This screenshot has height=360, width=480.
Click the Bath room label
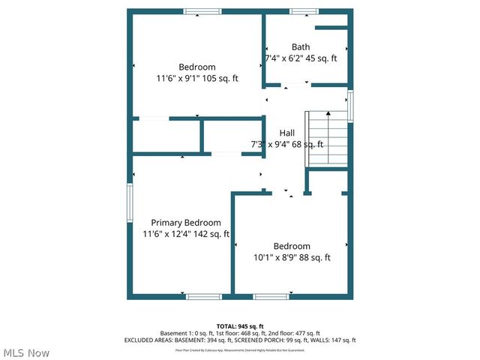[301, 46]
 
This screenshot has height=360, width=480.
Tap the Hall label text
[286, 133]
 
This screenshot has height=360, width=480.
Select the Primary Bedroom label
[186, 223]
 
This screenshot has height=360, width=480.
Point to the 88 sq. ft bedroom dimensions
[292, 257]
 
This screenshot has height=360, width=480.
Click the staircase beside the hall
[328, 139]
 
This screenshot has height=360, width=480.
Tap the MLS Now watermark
[26, 352]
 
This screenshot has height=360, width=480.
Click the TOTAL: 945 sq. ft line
[240, 325]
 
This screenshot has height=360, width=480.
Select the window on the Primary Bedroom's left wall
[129, 203]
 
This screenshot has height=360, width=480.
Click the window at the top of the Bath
[301, 11]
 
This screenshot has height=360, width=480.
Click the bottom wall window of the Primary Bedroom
[203, 297]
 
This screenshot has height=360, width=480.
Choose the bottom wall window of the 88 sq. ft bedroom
[271, 297]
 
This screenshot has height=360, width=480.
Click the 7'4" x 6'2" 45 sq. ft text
[301, 58]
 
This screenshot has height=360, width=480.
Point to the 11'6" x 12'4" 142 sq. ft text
[186, 234]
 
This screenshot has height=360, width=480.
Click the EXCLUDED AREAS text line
[240, 340]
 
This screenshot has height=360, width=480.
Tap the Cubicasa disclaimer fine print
[240, 349]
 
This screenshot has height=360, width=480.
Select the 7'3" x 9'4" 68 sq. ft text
[286, 144]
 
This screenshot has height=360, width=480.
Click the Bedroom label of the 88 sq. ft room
[292, 246]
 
